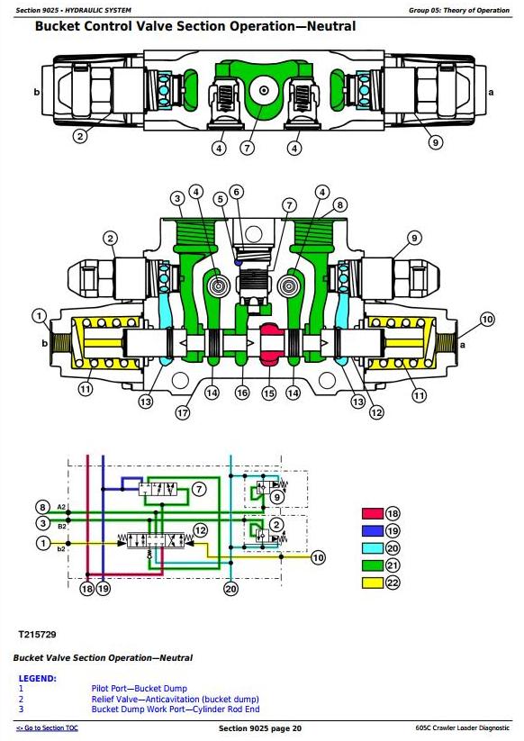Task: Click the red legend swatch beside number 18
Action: pyautogui.click(x=373, y=514)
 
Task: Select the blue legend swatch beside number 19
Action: pyautogui.click(x=373, y=530)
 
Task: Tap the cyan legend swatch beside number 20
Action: pyautogui.click(x=373, y=548)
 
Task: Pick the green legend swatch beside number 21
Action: pyautogui.click(x=373, y=565)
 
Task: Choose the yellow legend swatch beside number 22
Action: pyautogui.click(x=373, y=583)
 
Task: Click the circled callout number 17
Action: pyautogui.click(x=183, y=412)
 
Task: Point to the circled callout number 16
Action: pyautogui.click(x=242, y=393)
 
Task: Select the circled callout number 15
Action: pyautogui.click(x=269, y=393)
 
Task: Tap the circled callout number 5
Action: pyautogui.click(x=221, y=199)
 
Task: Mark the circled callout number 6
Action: pyautogui.click(x=237, y=192)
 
